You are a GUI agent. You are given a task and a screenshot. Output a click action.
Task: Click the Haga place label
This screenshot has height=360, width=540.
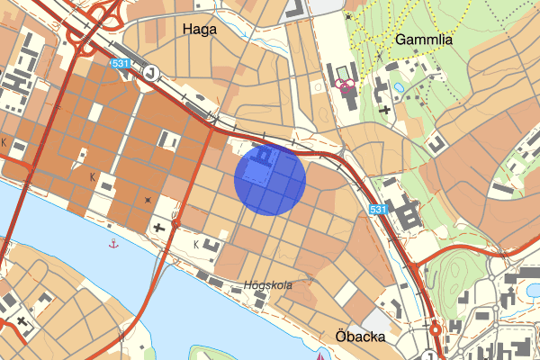tap(199, 29)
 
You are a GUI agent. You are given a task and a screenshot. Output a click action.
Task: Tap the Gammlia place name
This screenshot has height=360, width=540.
tap(423, 40)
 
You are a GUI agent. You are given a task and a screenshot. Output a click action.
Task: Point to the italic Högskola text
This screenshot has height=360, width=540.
tap(268, 285)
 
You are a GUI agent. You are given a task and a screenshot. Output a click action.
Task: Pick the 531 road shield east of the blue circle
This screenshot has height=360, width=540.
tap(378, 210)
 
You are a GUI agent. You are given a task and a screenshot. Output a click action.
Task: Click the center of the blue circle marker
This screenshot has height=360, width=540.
tap(270, 178)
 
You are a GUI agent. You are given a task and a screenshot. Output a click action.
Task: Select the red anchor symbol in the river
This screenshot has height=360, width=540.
tap(113, 244)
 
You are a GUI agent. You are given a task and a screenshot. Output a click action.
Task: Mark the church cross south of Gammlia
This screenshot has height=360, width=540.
tap(385, 109)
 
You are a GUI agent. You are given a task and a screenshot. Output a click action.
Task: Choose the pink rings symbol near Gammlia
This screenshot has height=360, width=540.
tap(343, 85)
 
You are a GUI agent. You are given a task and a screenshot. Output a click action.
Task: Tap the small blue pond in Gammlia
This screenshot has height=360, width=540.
tap(399, 87)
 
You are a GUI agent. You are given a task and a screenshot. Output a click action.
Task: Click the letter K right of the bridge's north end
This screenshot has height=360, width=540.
tap(196, 243)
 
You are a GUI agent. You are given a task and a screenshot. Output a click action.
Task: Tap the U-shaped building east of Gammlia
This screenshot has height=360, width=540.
tap(436, 142)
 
